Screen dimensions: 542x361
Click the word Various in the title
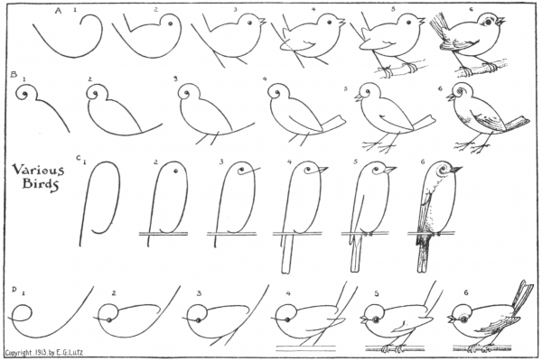38,170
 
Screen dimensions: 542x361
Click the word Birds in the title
40,184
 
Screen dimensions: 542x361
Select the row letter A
58,11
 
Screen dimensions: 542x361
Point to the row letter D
14,290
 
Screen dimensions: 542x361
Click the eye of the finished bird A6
488,22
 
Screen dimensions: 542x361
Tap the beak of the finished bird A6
500,22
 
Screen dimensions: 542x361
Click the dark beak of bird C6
455,170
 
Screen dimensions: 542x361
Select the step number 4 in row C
289,162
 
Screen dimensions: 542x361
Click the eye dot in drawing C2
176,171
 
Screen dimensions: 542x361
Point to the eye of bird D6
464,320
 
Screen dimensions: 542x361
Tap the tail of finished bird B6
516,124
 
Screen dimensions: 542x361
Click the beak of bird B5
359,97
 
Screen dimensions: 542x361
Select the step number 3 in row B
175,79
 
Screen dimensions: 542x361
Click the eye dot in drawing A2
170,23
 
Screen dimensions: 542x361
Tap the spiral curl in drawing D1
21,313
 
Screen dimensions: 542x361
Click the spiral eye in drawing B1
23,94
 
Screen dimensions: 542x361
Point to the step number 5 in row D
377,293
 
